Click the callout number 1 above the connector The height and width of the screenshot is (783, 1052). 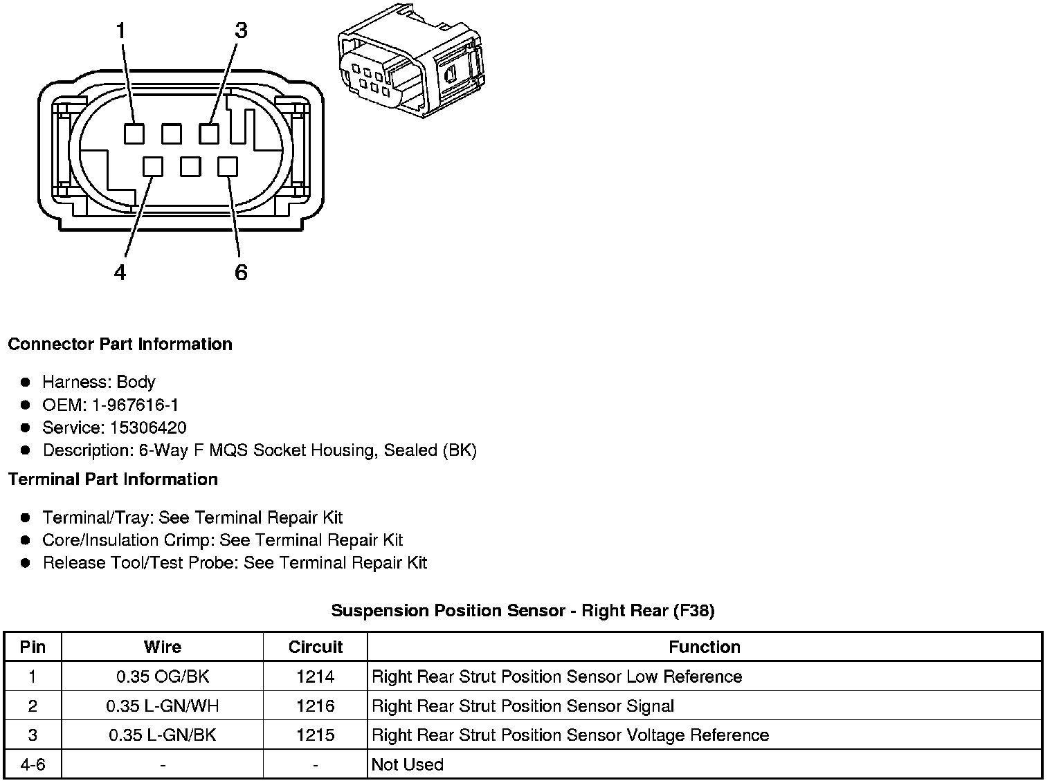coord(122,30)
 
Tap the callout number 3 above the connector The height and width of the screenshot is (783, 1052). coord(240,30)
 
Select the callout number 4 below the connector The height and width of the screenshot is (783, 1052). coord(120,273)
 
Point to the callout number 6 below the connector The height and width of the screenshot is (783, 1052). coord(241,273)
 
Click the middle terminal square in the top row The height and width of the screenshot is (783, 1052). coord(171,133)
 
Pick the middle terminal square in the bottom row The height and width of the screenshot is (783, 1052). coord(190,167)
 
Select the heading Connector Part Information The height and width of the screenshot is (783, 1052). coord(120,344)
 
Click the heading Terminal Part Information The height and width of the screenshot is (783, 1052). coord(113,479)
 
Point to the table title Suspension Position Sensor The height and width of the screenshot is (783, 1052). coord(523,610)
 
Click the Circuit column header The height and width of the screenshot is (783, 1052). coord(315,647)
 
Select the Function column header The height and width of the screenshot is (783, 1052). coord(704,647)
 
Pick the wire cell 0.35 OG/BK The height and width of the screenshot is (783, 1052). coord(162,676)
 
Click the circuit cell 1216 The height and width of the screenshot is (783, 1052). coord(315,706)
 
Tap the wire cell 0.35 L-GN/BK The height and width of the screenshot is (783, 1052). coord(162,735)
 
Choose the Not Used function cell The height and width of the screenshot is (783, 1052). coord(407,764)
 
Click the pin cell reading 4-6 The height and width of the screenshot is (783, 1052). coord(33,764)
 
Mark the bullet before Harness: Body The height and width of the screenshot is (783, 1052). coord(26,382)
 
